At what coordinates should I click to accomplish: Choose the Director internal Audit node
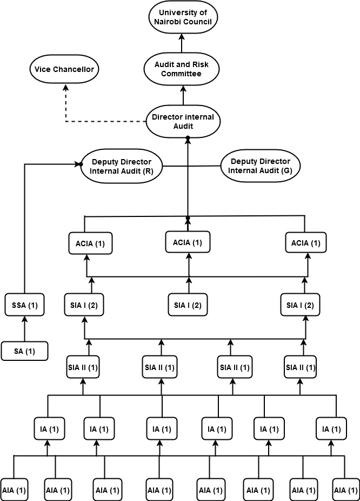[x=184, y=122]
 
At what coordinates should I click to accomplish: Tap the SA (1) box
[x=23, y=351]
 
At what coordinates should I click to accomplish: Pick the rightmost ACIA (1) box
[x=304, y=243]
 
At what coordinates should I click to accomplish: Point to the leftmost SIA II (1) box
[x=84, y=367]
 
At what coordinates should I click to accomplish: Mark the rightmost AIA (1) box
[x=345, y=490]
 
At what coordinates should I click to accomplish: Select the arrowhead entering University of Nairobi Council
[x=183, y=37]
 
